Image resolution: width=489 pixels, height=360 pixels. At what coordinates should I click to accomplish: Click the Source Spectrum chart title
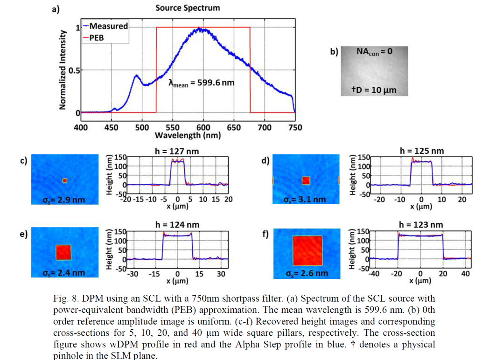coord(187,8)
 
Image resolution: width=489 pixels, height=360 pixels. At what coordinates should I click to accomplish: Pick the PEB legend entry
coord(97,38)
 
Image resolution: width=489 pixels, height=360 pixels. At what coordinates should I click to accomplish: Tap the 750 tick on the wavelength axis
coord(295,127)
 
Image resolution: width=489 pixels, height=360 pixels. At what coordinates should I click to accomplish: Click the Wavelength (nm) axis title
coord(188,136)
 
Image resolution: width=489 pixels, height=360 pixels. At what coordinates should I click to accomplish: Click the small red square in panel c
coord(65,180)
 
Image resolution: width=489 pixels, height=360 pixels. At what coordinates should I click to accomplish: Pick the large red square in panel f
coord(307,250)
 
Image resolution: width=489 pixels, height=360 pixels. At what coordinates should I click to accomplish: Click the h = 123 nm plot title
coord(421,224)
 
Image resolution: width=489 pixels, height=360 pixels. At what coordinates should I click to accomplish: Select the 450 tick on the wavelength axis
coord(112,127)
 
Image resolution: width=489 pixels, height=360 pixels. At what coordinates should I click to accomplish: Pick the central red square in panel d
coord(306,180)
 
